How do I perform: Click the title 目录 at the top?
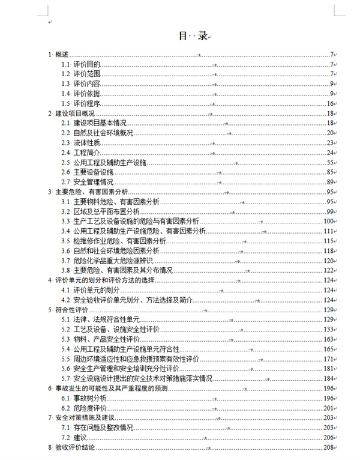click(193, 35)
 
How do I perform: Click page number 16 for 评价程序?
click(330, 103)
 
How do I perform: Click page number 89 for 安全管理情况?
click(330, 182)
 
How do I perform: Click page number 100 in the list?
click(328, 221)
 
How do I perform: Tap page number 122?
click(328, 270)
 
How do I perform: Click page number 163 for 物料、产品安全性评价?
click(328, 339)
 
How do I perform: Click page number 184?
click(328, 378)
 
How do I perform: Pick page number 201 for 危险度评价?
click(328, 408)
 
